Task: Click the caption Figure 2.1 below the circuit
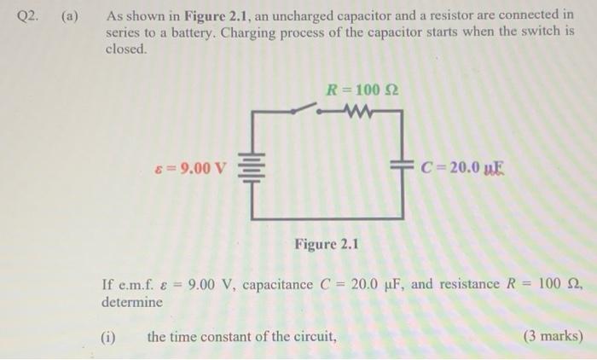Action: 327,245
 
